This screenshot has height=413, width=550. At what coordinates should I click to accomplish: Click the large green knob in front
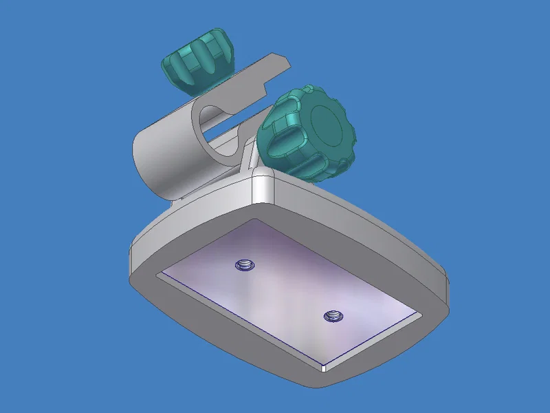[306, 134]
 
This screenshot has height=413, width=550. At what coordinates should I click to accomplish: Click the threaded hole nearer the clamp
[243, 264]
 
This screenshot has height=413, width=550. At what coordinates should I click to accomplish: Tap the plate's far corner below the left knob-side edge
[159, 275]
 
